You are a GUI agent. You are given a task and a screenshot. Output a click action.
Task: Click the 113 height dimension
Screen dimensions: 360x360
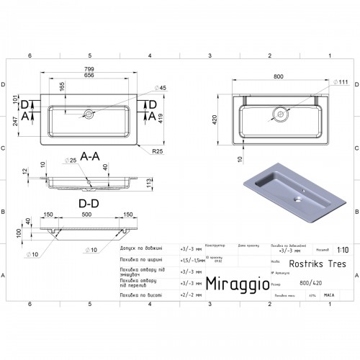coord(149,184)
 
